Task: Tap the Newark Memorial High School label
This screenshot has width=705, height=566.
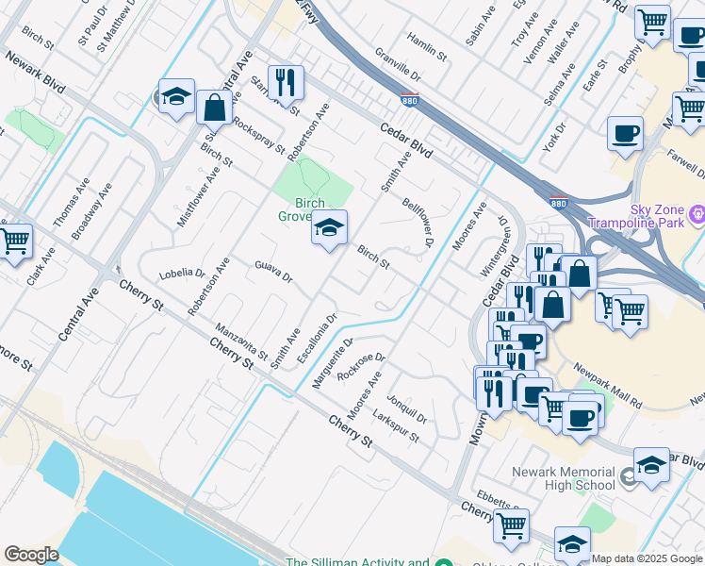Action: point(564,478)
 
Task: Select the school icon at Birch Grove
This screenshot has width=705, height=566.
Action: point(329,228)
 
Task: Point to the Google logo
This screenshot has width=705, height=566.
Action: point(31,555)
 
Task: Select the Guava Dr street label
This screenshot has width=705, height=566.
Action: point(273,272)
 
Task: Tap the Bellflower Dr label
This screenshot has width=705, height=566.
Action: point(416,223)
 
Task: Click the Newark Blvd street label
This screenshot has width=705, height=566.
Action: point(35,71)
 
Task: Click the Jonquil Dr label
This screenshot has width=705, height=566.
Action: point(406,408)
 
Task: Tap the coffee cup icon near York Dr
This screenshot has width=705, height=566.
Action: point(624,133)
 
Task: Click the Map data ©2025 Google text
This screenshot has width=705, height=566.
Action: point(648,558)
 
